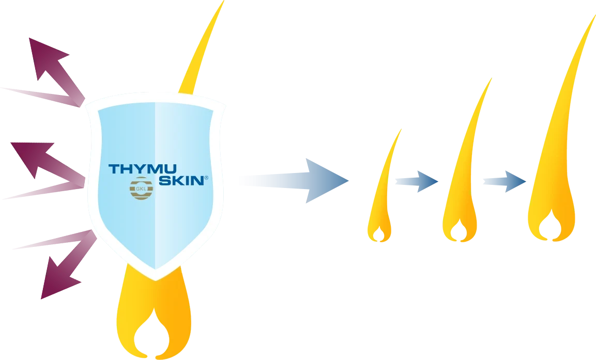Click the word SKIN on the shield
181,180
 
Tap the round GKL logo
142,188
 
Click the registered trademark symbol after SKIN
206,177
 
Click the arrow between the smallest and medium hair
417,181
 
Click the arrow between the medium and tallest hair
505,181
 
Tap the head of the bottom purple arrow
59,279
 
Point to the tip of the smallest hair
402,129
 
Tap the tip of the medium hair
492,78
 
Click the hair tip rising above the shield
224,1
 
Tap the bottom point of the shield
156,280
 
